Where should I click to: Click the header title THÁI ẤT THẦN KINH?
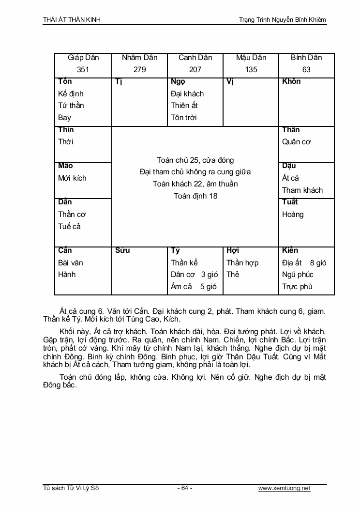pyautogui.click(x=72, y=20)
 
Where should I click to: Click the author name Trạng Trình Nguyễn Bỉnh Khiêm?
pyautogui.click(x=283, y=20)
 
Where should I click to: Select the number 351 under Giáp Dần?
pyautogui.click(x=83, y=70)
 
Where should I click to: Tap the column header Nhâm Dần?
pyautogui.click(x=139, y=58)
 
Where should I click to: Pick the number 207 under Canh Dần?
pyautogui.click(x=195, y=70)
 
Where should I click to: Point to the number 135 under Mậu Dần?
pyautogui.click(x=251, y=70)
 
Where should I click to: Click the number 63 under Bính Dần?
pyautogui.click(x=306, y=70)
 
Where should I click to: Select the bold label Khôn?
pyautogui.click(x=291, y=81)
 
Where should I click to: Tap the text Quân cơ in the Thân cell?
pyautogui.click(x=296, y=142)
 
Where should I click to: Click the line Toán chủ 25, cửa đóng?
pyautogui.click(x=195, y=160)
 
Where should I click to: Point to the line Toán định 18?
pyautogui.click(x=195, y=196)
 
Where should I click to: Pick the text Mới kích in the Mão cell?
pyautogui.click(x=72, y=178)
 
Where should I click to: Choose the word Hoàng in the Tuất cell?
pyautogui.click(x=293, y=215)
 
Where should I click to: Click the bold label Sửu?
pyautogui.click(x=122, y=250)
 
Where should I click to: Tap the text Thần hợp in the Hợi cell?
pyautogui.click(x=242, y=263)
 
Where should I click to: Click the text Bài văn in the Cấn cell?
pyautogui.click(x=71, y=263)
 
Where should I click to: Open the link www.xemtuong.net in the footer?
pyautogui.click(x=284, y=488)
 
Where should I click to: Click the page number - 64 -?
pyautogui.click(x=185, y=488)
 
